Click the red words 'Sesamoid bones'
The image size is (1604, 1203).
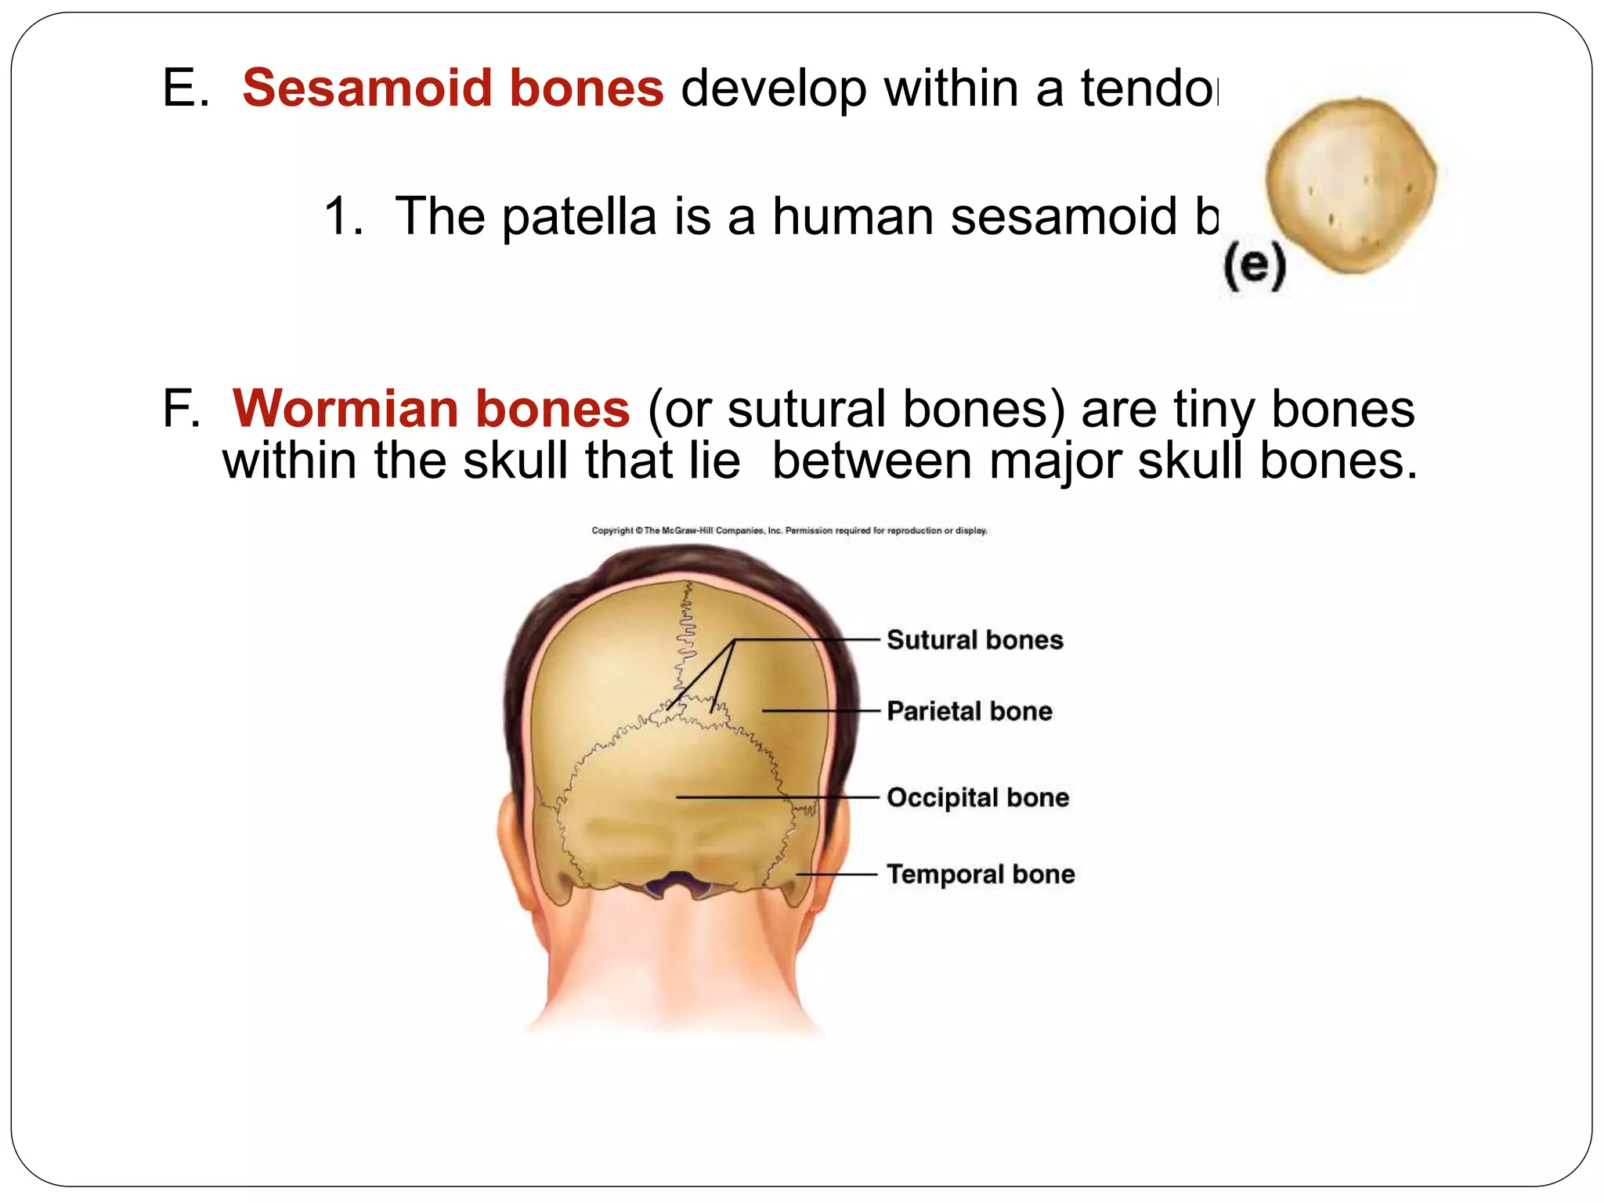click(453, 88)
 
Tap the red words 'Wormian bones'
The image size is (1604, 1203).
click(431, 409)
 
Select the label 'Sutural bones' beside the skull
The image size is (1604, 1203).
click(974, 640)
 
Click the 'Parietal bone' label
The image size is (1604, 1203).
click(969, 711)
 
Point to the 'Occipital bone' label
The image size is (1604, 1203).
click(977, 797)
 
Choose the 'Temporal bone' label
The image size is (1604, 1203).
click(981, 874)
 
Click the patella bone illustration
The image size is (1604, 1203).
click(1351, 185)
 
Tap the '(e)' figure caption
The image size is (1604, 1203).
click(1255, 266)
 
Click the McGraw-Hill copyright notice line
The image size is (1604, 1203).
click(789, 530)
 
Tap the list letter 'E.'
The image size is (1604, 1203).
click(186, 88)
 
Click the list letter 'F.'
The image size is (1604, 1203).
click(181, 409)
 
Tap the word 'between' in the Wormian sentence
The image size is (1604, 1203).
click(872, 461)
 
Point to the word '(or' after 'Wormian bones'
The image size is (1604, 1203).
click(678, 410)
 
